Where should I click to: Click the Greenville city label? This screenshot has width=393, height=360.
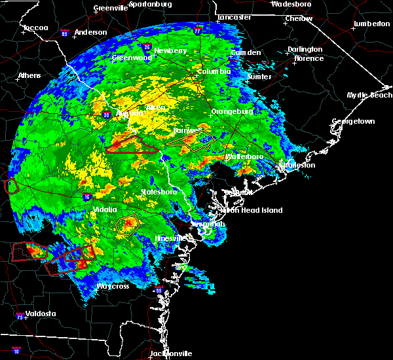click(111, 8)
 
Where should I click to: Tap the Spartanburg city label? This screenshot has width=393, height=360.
click(149, 4)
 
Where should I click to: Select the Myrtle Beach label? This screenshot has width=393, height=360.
click(370, 95)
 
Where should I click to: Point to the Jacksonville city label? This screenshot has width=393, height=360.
click(171, 353)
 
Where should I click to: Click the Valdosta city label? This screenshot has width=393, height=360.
click(41, 314)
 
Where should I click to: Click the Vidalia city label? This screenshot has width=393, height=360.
click(103, 209)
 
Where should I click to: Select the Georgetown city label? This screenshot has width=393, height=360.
click(353, 122)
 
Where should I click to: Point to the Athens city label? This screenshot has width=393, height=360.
click(29, 75)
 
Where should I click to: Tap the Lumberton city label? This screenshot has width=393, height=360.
click(371, 24)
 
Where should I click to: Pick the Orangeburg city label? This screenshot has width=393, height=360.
click(232, 112)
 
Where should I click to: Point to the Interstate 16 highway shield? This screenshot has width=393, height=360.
click(86, 196)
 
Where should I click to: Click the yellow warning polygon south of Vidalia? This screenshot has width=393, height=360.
click(127, 225)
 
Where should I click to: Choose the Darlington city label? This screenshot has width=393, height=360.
click(305, 49)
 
